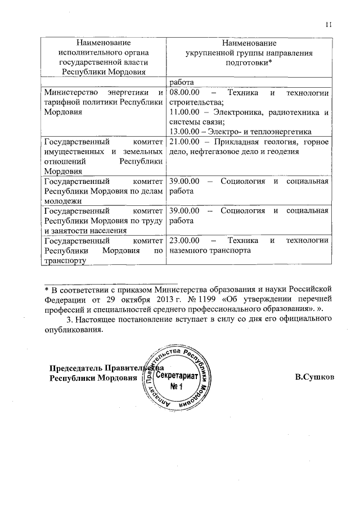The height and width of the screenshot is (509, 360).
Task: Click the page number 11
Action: [330, 24]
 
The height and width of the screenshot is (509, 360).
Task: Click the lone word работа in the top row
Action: [181, 81]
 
